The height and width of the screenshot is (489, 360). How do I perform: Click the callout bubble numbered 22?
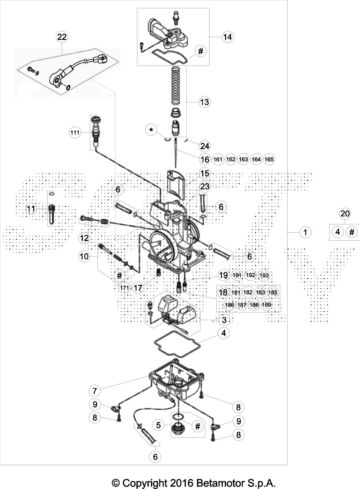click(62, 37)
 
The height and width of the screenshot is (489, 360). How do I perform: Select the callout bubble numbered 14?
click(228, 37)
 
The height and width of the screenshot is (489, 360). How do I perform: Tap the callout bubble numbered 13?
click(205, 102)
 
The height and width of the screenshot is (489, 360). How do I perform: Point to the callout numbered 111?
click(75, 132)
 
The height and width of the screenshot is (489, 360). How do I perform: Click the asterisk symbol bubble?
click(151, 130)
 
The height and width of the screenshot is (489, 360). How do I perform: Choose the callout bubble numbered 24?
click(205, 146)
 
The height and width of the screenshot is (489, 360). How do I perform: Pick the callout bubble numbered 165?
click(269, 160)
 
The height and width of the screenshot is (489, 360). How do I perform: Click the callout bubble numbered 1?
click(305, 232)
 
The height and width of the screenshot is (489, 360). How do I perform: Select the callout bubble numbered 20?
click(345, 214)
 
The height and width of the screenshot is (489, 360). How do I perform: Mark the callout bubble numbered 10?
click(84, 256)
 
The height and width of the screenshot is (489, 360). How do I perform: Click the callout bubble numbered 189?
click(267, 304)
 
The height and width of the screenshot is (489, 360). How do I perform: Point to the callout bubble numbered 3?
click(224, 320)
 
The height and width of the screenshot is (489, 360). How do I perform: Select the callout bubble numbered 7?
click(95, 391)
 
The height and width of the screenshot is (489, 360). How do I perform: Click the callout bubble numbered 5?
click(158, 425)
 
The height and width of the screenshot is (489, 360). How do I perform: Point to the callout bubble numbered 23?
click(205, 187)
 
